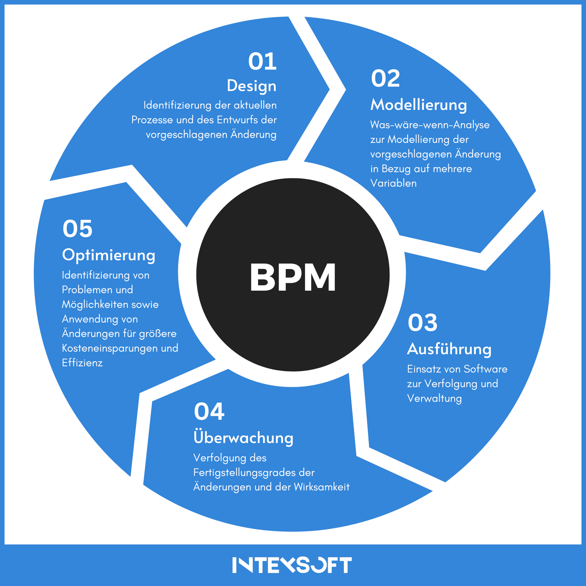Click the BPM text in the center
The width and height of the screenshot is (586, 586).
point(293,277)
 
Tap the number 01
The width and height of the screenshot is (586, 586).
point(262,61)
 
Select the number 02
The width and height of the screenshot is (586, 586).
point(385,78)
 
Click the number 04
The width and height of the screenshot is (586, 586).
point(209,412)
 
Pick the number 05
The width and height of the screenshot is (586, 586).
point(77,229)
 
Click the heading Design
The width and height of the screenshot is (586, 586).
point(251,86)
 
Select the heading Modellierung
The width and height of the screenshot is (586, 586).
point(419,105)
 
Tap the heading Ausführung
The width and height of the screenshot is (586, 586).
point(449,349)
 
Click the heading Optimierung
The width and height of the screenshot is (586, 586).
point(109,255)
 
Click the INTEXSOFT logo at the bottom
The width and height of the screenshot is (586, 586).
point(292,565)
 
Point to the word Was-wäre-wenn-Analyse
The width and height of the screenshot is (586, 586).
point(430,125)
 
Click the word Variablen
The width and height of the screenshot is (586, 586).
point(393,183)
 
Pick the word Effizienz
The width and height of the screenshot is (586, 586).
point(82,363)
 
